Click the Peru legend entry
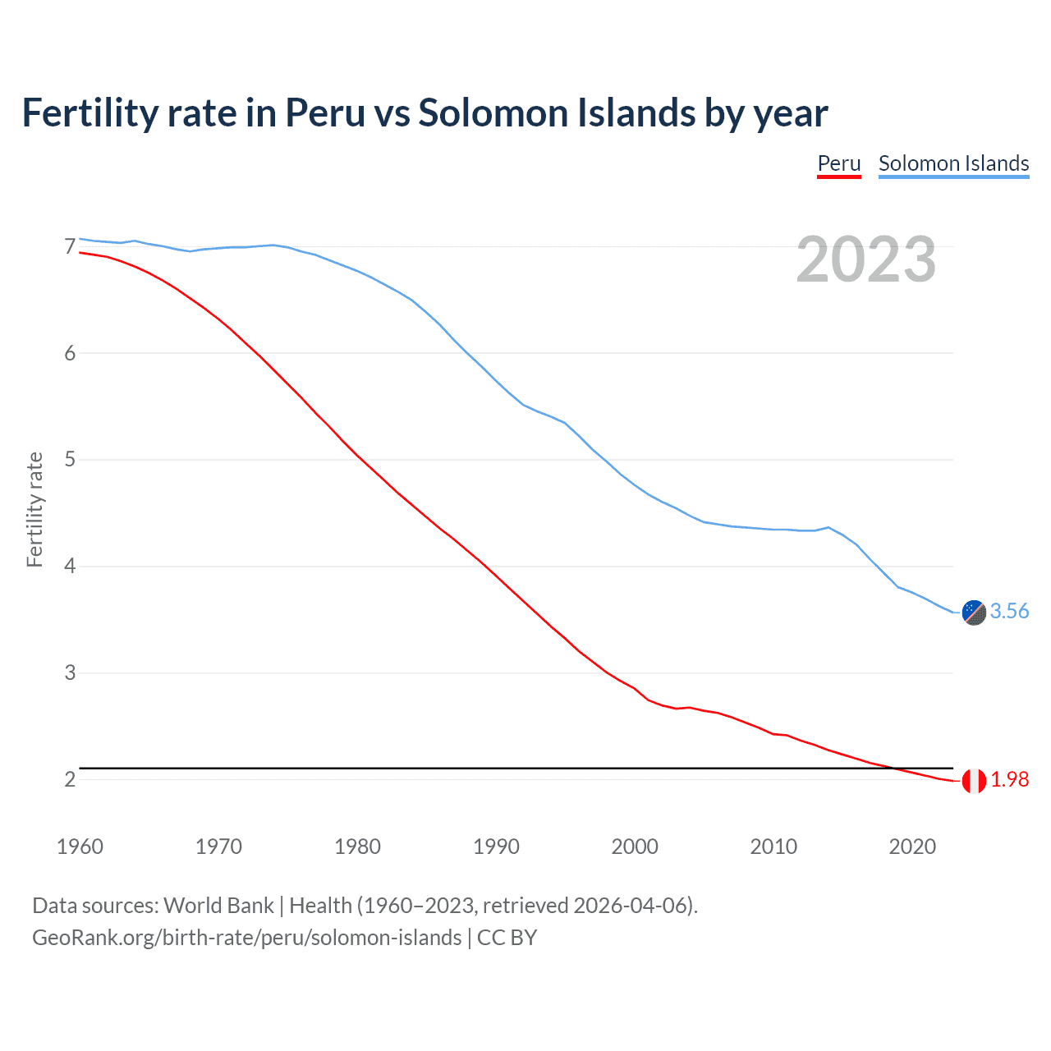tap(838, 163)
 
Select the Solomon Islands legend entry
tap(953, 163)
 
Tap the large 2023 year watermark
tap(866, 259)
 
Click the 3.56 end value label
tap(1009, 611)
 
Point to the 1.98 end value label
tap(1009, 779)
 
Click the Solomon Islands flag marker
tap(974, 612)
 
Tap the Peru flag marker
tap(974, 781)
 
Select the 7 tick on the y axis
tap(70, 246)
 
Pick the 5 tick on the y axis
tap(70, 459)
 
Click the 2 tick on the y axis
tap(70, 779)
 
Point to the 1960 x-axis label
tap(80, 847)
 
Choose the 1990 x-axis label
tap(496, 847)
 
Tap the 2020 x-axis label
tap(912, 847)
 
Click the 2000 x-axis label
tap(635, 847)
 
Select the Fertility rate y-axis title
tap(34, 509)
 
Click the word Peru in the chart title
tap(324, 112)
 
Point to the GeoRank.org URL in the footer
tap(246, 938)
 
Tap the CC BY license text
tap(507, 938)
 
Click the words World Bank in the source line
tap(218, 906)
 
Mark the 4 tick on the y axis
tap(70, 566)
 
